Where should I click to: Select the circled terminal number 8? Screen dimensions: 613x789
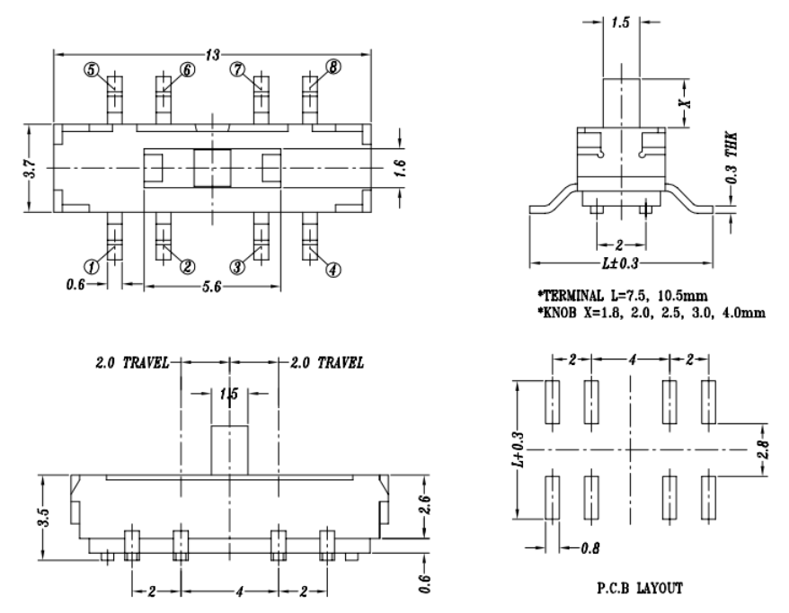click(x=333, y=69)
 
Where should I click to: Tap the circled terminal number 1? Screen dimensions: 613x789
click(x=91, y=266)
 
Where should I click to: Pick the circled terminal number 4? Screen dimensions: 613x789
click(x=333, y=268)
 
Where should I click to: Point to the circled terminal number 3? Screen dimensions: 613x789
click(x=237, y=266)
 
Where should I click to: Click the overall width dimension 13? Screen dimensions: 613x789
click(x=213, y=55)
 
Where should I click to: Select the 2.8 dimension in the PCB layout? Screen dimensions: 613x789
click(x=763, y=449)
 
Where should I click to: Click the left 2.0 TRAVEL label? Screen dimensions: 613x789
click(x=134, y=363)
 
